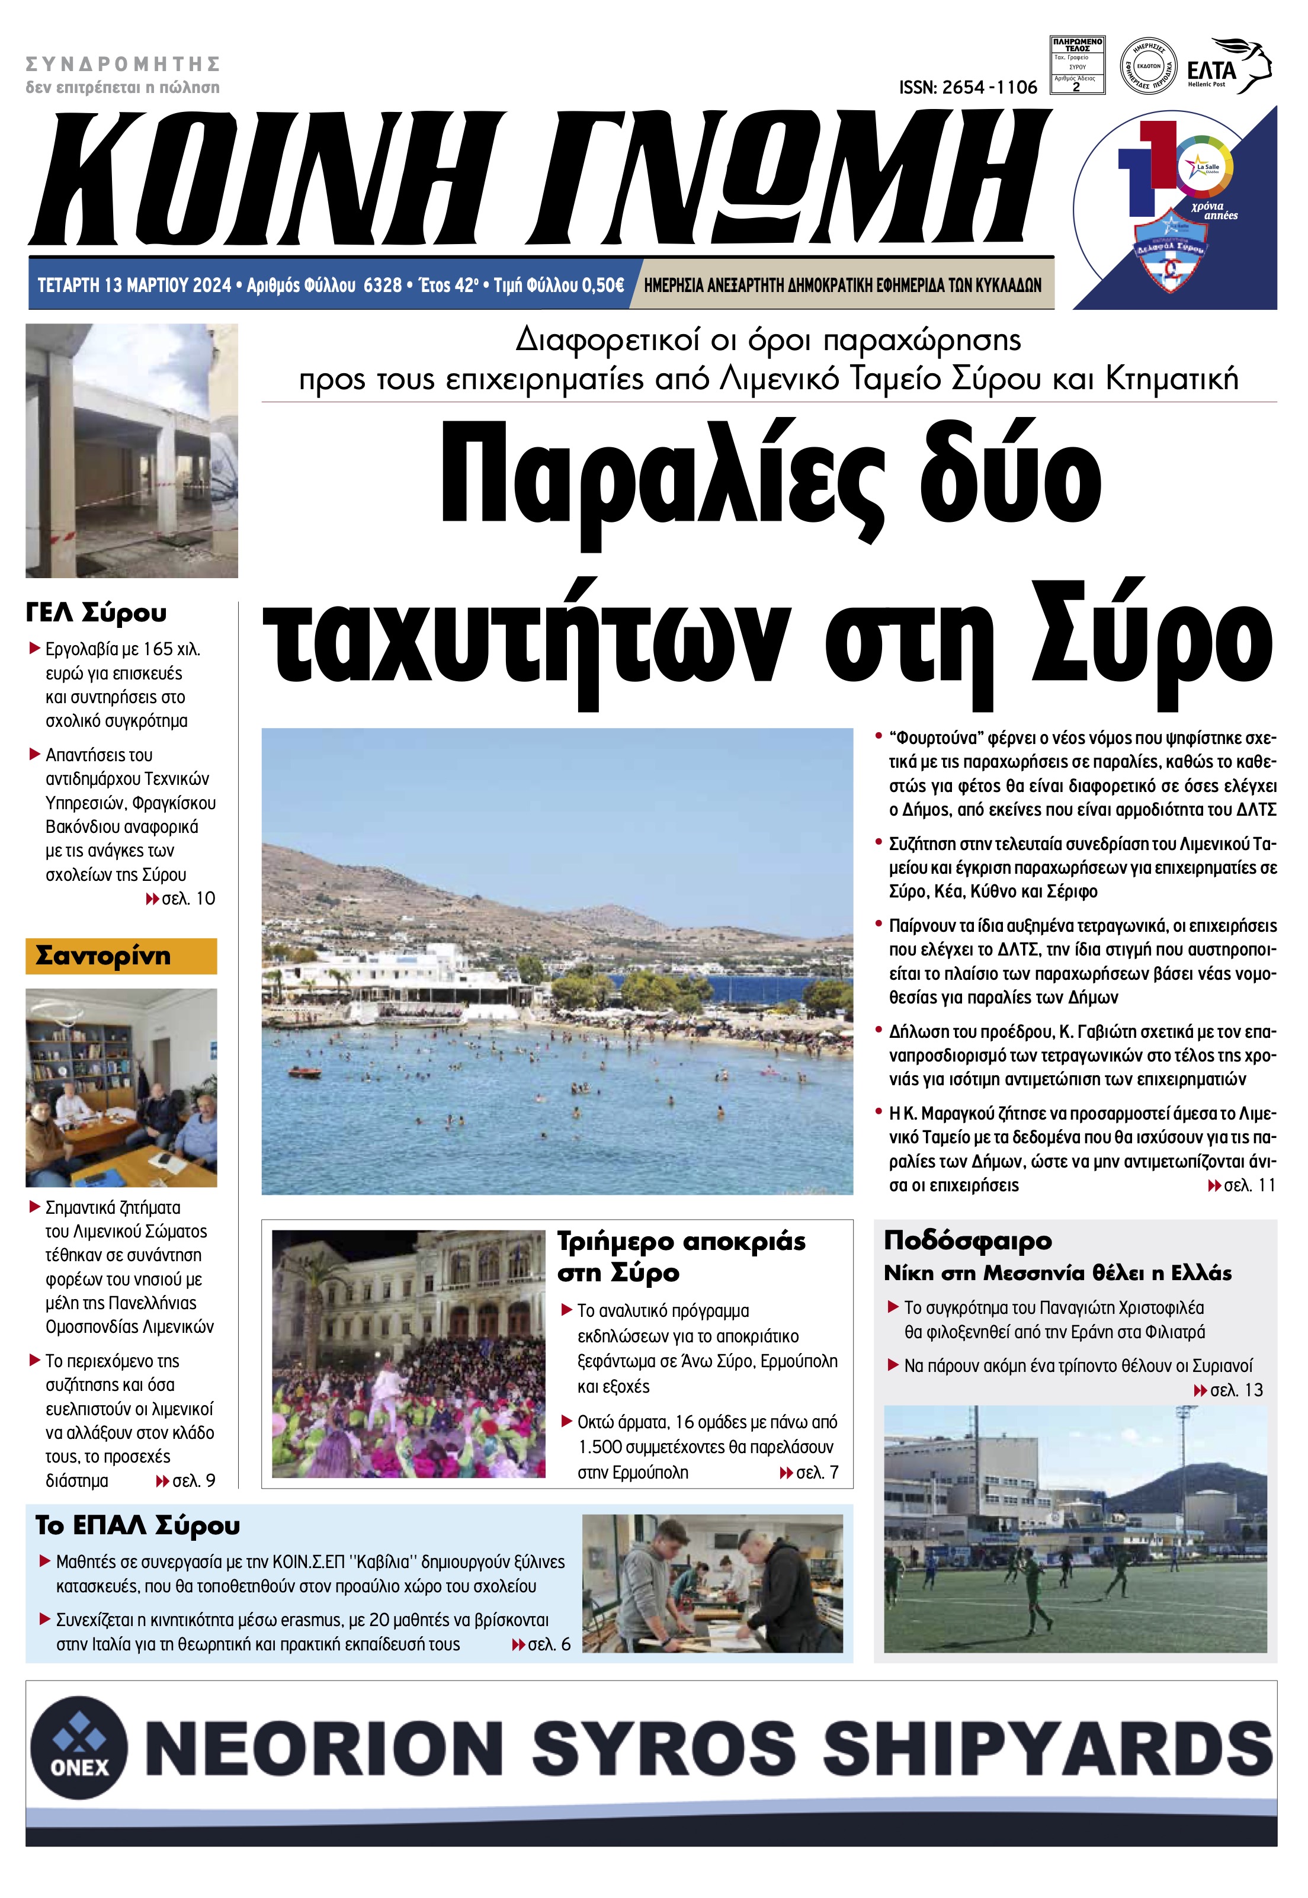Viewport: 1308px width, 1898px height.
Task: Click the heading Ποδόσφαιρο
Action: pos(967,1240)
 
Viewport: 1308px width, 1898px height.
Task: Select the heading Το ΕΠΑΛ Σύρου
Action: pos(137,1525)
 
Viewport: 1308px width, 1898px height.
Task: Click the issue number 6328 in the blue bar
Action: pos(382,285)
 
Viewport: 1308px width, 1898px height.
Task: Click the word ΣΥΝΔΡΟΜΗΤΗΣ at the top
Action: pos(123,64)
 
